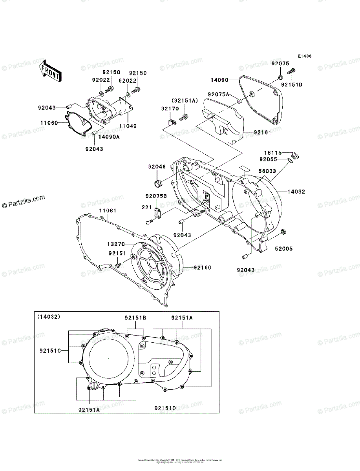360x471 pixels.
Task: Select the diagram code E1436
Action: pos(304,57)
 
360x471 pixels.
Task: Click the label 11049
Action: pos(128,126)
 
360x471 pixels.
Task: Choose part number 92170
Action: pos(170,108)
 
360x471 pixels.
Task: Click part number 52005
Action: pos(284,249)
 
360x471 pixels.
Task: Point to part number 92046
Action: pos(157,167)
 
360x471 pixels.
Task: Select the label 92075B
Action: pos(156,196)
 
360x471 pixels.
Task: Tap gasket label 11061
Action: pos(108,211)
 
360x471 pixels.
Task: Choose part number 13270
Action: pos(116,245)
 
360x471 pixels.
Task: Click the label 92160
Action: pos(203,268)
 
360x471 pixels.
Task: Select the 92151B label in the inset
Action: pos(135,318)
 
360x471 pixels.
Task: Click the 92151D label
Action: pos(292,84)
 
